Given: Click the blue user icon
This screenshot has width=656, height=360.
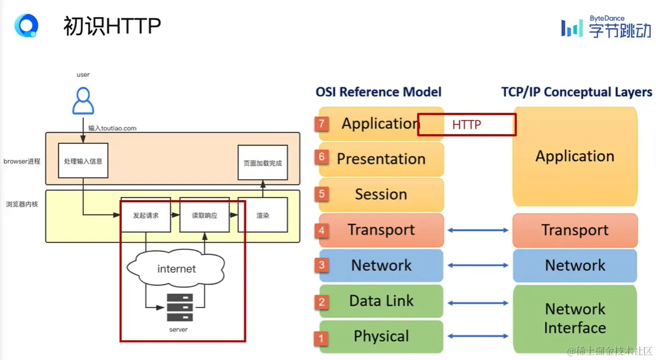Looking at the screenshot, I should click(x=83, y=101).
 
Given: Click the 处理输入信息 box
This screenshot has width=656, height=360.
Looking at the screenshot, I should click(x=83, y=160).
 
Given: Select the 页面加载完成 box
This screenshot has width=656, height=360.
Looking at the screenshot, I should click(x=262, y=163).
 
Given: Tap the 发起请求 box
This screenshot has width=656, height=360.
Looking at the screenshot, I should click(x=146, y=215).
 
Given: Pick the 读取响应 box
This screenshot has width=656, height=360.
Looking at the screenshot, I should click(x=204, y=215).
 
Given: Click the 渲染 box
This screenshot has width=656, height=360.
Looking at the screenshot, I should click(x=263, y=215).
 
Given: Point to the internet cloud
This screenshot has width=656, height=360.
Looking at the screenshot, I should click(x=177, y=269).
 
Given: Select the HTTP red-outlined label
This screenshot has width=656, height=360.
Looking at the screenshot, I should click(x=467, y=125).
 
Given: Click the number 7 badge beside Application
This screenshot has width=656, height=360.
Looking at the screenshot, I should click(x=322, y=124).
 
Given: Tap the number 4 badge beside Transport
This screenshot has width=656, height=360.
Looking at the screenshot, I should click(x=322, y=231).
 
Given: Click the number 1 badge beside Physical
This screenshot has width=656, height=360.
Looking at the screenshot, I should click(x=322, y=338).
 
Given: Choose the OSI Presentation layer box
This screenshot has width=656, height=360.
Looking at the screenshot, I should click(x=381, y=159).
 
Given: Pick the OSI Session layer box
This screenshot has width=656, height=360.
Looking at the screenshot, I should click(x=381, y=194).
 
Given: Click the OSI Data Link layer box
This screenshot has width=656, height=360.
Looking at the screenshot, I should click(x=381, y=301).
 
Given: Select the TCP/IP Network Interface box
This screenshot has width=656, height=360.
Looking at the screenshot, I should click(x=575, y=318).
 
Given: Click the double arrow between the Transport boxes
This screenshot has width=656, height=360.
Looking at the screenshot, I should click(x=478, y=230).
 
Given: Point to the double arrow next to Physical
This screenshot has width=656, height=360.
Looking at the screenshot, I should click(x=478, y=336).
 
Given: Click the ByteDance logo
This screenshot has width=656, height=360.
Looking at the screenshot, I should click(x=606, y=27).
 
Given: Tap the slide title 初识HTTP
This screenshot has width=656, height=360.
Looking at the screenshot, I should click(x=112, y=26).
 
